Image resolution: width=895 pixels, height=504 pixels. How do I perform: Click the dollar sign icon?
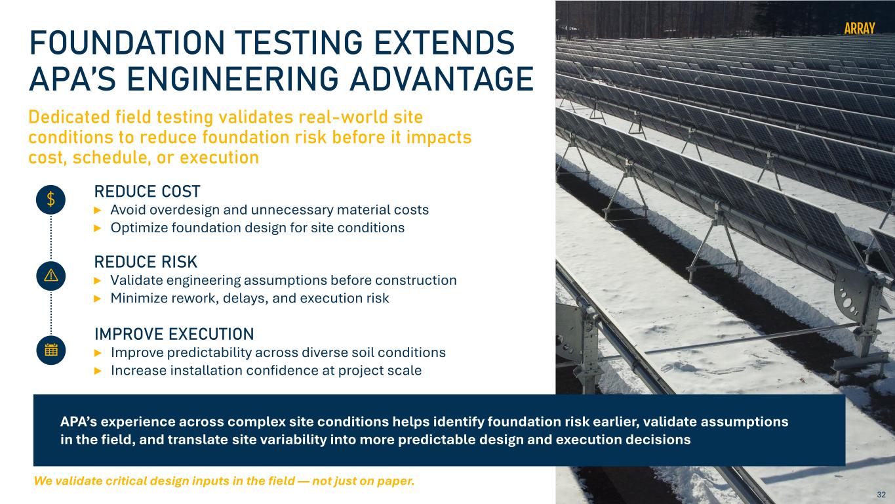coord(50,199)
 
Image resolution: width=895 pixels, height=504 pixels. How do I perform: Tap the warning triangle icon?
coord(50,276)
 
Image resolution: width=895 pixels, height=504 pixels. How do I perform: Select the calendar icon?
coord(50,350)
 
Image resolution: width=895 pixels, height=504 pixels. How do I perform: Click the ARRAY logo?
coord(860,28)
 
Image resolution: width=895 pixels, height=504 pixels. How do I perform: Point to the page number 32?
coord(881,494)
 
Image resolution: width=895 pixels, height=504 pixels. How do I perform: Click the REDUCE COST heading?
coord(147,192)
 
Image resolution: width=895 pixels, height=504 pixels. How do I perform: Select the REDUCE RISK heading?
coord(146,262)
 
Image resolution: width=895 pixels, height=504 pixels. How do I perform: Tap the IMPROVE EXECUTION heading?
coord(174,334)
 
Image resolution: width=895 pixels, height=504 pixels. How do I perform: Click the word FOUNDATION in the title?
coord(127,43)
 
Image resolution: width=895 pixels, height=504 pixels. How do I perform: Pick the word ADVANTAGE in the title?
coord(441,79)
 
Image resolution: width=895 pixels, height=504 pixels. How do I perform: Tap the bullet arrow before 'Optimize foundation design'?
coord(98,228)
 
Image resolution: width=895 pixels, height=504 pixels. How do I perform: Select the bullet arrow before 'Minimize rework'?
coord(98,299)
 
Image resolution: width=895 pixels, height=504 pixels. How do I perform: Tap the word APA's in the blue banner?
coord(78,422)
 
